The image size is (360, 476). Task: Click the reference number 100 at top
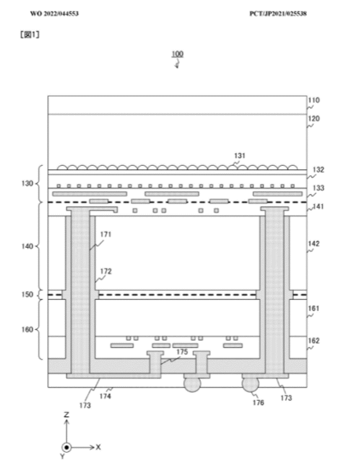[178, 54]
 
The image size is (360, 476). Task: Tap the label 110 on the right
[314, 101]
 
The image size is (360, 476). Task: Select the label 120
[314, 118]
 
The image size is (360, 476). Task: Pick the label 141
[318, 207]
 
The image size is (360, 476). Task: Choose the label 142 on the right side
[315, 244]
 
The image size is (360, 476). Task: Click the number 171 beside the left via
[105, 235]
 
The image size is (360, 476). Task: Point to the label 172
[105, 271]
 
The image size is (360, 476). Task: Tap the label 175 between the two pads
[181, 352]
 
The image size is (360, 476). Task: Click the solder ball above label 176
[250, 384]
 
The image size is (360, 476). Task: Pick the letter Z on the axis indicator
[67, 414]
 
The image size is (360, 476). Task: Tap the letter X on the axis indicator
[98, 447]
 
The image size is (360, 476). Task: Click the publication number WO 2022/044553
[54, 13]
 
